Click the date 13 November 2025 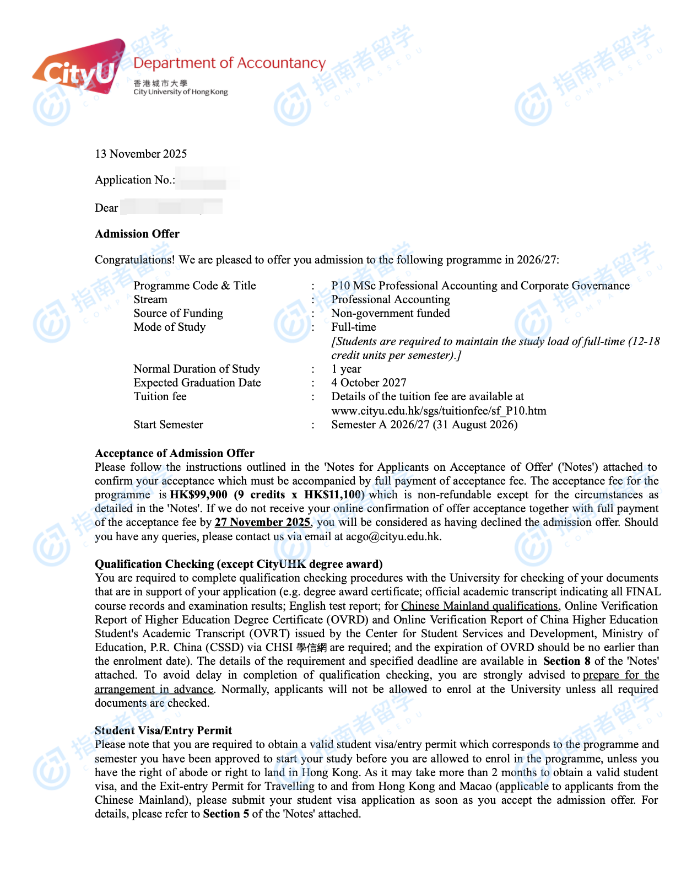coord(141,154)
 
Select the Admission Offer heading coord(137,234)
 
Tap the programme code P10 coord(340,286)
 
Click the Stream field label coord(150,299)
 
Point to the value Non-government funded coord(390,313)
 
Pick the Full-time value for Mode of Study coord(353,327)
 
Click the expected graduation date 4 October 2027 coord(369,383)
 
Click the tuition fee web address coord(439,411)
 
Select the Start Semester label coord(168,424)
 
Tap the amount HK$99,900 coord(198,494)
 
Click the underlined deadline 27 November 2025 coord(262,522)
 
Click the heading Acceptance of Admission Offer coord(175,453)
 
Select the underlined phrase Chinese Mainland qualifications coord(479,606)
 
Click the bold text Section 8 coord(566,661)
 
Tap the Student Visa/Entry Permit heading coord(163,730)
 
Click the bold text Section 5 coord(226,814)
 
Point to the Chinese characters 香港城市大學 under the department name coord(160,83)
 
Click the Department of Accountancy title coord(229,63)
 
